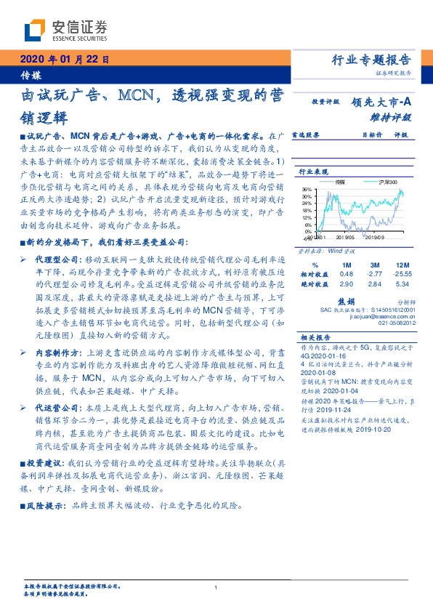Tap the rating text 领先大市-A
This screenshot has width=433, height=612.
click(x=382, y=102)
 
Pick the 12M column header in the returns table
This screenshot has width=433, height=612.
click(x=401, y=264)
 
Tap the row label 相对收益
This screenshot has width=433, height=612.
click(x=312, y=273)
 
